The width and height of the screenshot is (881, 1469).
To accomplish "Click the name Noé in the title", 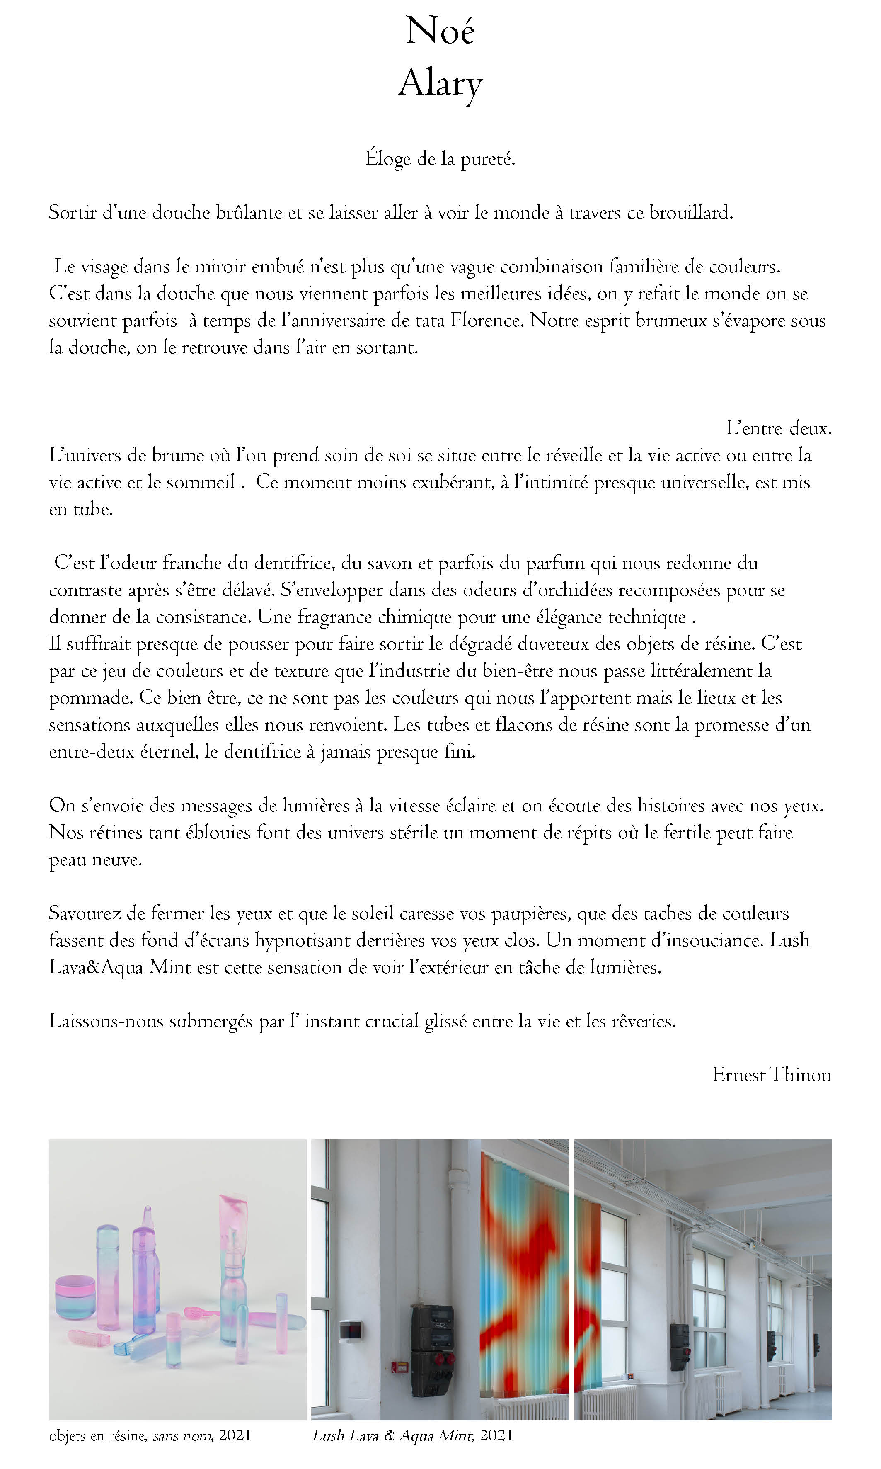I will tap(440, 31).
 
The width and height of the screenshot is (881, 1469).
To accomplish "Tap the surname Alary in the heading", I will tap(440, 83).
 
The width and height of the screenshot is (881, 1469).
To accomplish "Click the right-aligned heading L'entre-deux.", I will tap(778, 428).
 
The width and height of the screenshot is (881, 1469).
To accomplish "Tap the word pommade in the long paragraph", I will tap(91, 698).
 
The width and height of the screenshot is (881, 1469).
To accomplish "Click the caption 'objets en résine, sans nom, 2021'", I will tap(150, 1436).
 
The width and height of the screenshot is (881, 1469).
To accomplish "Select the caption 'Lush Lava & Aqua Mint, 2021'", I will tap(412, 1436).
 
